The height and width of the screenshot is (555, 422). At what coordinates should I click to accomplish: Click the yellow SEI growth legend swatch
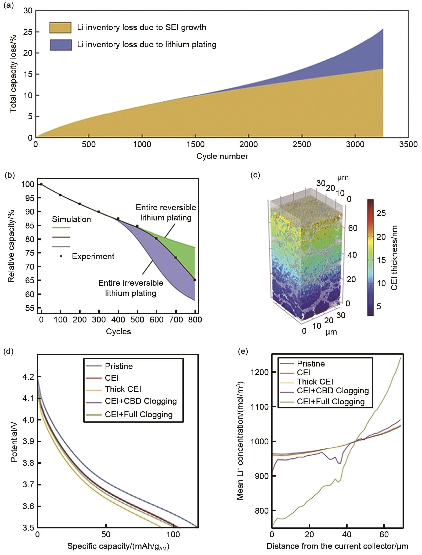pos(60,28)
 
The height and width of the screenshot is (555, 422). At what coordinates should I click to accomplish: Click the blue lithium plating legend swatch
pos(61,45)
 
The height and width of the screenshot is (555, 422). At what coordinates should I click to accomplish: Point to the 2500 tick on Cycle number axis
pos(302,144)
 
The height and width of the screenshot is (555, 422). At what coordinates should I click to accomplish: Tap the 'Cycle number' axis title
pos(222,156)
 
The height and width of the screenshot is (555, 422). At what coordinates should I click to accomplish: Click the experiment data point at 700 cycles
pos(176,257)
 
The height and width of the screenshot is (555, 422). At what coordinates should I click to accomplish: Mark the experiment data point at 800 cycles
pos(195,280)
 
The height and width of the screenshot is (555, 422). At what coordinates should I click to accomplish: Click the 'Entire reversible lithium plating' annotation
pos(166,212)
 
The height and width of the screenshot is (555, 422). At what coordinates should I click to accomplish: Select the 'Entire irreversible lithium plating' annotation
pos(131,288)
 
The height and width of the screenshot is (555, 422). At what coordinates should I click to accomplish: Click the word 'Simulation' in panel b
pos(71,219)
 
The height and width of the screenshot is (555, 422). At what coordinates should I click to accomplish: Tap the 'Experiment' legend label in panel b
pos(93,256)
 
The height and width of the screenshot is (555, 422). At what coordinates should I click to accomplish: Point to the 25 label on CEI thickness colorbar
pos(381,213)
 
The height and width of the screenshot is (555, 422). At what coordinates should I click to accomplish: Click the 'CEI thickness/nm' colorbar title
pos(394,257)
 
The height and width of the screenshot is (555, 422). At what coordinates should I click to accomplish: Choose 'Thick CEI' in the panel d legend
pos(123,389)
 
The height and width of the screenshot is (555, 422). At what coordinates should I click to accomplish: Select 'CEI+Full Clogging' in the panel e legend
pos(331,402)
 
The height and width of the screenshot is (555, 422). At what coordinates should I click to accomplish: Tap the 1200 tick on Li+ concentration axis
pos(260,372)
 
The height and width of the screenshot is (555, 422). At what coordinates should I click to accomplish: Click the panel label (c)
pos(255,175)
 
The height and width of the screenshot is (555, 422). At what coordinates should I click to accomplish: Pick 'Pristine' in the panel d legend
pos(119,366)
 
